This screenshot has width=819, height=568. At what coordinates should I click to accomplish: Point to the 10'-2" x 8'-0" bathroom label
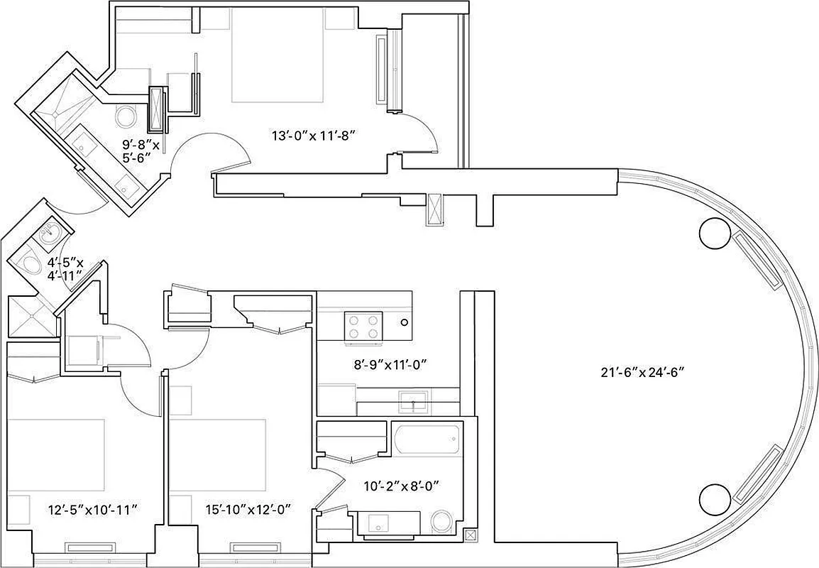coord(402,486)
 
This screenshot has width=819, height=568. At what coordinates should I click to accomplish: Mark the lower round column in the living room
coord(714,500)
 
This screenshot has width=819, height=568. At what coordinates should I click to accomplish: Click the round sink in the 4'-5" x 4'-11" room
coord(50,231)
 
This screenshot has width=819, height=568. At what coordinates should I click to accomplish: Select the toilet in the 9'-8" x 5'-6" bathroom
coord(126,117)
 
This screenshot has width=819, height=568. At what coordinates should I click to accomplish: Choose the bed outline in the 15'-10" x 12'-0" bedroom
coord(217,454)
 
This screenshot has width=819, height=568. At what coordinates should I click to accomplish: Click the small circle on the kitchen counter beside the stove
coord(404,322)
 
